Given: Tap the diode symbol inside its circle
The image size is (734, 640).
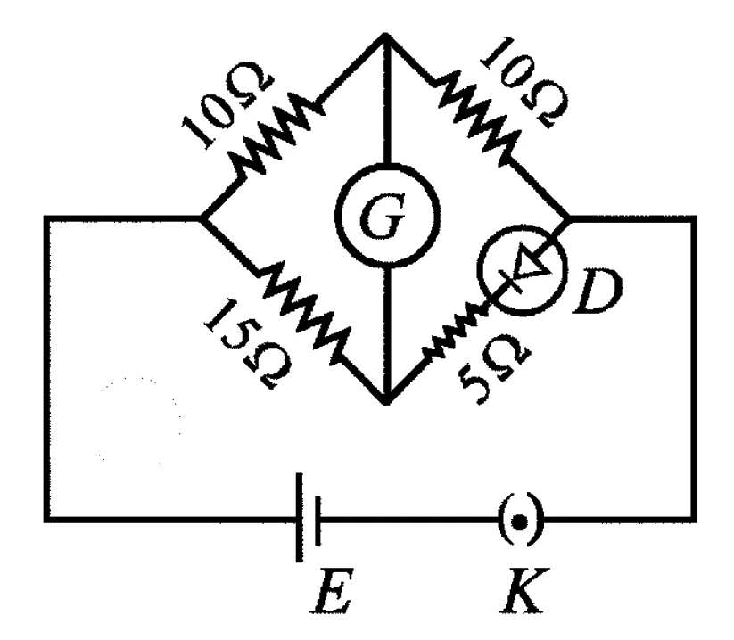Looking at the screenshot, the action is [524, 270].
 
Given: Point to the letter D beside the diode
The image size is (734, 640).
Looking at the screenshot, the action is [598, 291].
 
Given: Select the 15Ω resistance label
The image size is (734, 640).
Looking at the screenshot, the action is [248, 344].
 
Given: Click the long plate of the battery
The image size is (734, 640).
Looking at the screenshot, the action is [299, 517].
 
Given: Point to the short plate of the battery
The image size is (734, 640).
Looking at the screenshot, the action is [318, 521].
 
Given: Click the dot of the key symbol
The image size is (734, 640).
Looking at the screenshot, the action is [519, 522].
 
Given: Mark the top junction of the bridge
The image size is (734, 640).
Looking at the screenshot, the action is [384, 35].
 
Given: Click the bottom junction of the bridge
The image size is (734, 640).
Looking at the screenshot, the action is [386, 401].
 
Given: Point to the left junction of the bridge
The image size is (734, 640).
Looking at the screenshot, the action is [202, 217].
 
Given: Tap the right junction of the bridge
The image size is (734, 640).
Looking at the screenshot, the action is [569, 218].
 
